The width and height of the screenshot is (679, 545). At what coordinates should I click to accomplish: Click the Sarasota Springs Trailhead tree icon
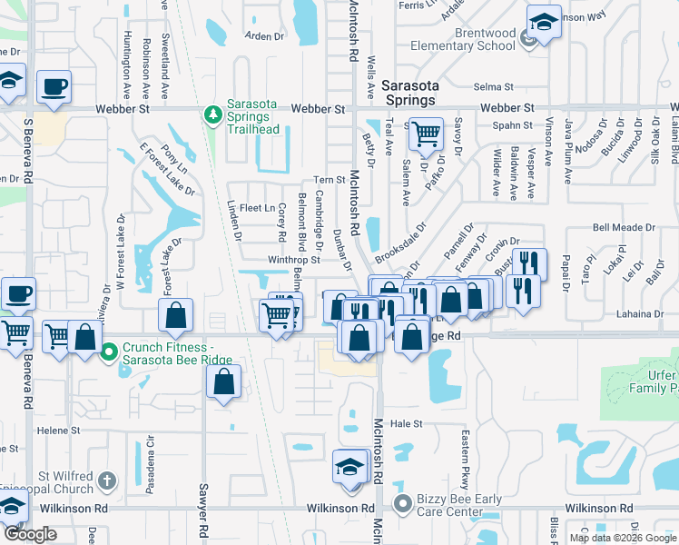click(213, 115)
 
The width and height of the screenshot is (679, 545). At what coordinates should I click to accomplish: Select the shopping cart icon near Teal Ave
click(425, 134)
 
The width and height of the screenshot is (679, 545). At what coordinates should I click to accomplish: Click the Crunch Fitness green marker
click(109, 351)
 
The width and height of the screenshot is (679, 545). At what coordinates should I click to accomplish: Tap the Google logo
click(30, 534)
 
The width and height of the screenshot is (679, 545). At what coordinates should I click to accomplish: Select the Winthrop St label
click(294, 259)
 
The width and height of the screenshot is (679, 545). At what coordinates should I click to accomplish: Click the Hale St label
click(407, 423)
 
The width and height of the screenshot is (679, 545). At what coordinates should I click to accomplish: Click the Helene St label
click(58, 430)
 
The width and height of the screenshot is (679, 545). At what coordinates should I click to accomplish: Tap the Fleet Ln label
click(258, 208)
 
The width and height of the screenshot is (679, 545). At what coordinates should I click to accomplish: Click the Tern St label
click(330, 180)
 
